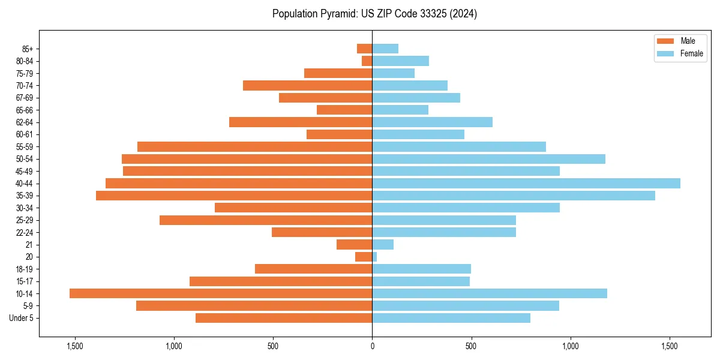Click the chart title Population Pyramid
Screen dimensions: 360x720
pos(374,14)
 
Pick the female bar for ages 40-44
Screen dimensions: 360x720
pos(526,183)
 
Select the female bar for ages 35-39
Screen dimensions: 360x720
pos(514,196)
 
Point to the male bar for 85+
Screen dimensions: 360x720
pos(365,49)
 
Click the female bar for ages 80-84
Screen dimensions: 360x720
pos(401,61)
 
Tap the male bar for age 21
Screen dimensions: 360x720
pos(355,244)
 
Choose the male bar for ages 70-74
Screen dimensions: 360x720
pos(308,85)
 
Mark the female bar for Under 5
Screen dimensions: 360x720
pos(451,318)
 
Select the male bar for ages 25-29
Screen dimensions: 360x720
pos(266,220)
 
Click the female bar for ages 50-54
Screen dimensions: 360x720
pos(489,159)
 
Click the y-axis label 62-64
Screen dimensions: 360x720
pos(25,122)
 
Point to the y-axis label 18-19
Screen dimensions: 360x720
pos(25,269)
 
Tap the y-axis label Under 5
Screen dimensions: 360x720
pos(22,318)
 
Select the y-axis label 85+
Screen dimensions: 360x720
pos(28,49)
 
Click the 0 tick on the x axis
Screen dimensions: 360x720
pos(372,346)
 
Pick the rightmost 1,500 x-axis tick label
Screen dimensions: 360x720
pos(670,346)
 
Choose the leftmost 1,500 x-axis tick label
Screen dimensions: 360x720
pos(75,346)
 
